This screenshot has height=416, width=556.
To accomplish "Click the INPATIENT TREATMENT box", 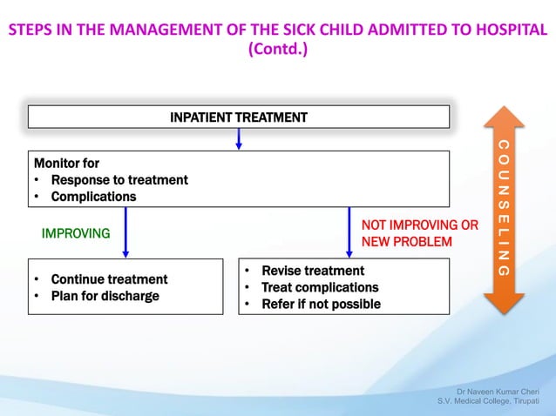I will [239, 117].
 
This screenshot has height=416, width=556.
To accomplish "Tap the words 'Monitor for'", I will [66, 163].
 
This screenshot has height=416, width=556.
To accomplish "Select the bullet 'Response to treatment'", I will [119, 180].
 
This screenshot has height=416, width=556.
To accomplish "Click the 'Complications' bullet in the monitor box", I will [93, 197].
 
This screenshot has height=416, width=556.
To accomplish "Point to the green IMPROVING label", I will [76, 233].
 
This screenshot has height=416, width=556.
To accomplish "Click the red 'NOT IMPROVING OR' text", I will [419, 225].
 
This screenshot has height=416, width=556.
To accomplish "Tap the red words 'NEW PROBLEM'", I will [406, 241].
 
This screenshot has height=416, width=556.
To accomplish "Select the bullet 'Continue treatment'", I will [109, 279].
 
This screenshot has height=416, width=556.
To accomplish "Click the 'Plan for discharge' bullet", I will [105, 296].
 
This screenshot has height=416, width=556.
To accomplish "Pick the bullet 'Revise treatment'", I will [313, 271].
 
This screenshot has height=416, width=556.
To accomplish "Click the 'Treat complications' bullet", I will [320, 287].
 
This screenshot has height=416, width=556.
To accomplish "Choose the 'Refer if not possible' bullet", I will [321, 304].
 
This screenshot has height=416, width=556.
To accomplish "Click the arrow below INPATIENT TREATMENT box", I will [239, 139].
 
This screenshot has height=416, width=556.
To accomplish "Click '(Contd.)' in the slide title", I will [278, 49].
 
